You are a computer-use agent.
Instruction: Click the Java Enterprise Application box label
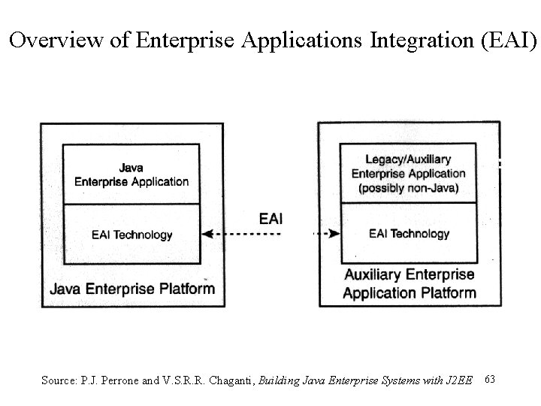click(x=131, y=174)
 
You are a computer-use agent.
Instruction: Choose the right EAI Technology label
click(x=410, y=234)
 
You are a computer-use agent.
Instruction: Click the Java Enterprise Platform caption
click(x=132, y=288)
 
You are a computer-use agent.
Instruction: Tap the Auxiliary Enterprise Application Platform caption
click(x=409, y=283)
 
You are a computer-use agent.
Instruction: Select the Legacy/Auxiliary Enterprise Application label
click(x=409, y=167)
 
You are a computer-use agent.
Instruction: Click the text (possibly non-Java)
click(x=409, y=188)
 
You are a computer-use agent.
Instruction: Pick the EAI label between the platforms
click(x=270, y=219)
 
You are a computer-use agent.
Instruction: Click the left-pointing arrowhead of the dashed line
click(x=208, y=235)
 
